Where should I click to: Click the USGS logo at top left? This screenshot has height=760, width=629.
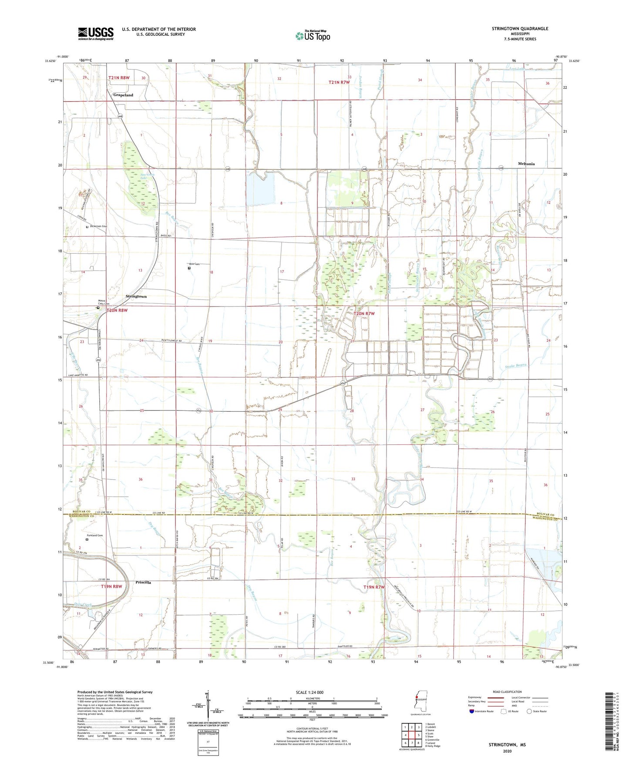(96, 34)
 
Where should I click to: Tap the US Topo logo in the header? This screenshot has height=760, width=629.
(313, 36)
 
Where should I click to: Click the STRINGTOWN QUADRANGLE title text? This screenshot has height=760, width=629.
(520, 29)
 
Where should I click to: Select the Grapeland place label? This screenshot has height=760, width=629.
(123, 95)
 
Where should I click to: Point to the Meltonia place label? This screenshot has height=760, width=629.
(526, 164)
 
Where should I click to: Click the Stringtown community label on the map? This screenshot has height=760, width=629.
(136, 296)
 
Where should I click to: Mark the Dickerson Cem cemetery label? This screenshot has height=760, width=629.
(98, 226)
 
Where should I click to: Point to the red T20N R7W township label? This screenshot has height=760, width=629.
(364, 313)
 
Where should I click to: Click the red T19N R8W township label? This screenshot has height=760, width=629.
(112, 586)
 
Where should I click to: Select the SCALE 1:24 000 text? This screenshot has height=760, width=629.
(309, 692)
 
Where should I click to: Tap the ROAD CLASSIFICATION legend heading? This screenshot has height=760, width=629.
(507, 692)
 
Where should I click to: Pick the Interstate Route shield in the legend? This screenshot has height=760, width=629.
(472, 711)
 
